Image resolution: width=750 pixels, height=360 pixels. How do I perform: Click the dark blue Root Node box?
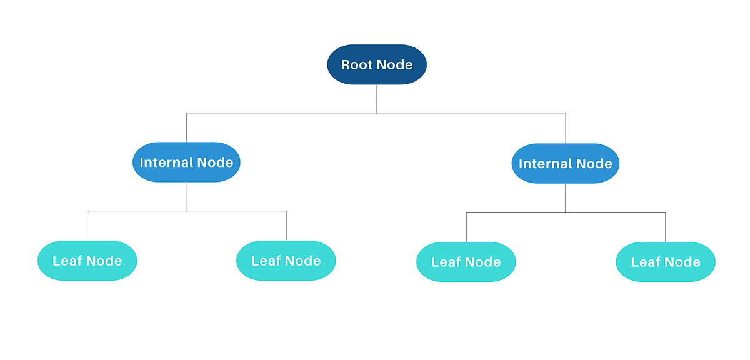point(377,64)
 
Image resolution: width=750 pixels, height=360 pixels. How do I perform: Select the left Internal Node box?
point(186,162)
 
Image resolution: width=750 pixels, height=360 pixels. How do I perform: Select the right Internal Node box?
point(566,164)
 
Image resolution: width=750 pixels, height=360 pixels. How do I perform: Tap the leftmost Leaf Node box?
point(87,261)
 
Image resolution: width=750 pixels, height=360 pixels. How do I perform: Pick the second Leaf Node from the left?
point(286,261)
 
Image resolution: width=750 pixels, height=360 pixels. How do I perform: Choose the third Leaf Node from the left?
point(466,262)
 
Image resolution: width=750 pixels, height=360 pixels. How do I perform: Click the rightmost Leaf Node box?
point(666,262)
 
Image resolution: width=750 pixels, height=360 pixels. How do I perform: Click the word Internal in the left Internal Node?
point(166,162)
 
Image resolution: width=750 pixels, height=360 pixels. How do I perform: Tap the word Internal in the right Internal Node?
point(545,164)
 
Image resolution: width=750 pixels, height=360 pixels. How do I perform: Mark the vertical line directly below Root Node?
point(376,98)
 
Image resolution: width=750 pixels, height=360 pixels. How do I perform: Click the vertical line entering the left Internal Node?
point(186,127)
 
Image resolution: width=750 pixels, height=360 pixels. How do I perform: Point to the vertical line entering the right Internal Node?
point(566,128)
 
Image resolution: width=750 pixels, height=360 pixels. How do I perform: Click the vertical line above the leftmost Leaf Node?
point(87,226)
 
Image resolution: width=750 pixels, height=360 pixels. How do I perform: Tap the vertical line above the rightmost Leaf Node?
point(666,227)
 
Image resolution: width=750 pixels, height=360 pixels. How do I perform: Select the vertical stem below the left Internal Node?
point(186,196)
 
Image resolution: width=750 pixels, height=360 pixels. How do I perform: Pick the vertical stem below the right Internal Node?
point(566,197)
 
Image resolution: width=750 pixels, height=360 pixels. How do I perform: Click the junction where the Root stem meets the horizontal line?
point(376,113)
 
